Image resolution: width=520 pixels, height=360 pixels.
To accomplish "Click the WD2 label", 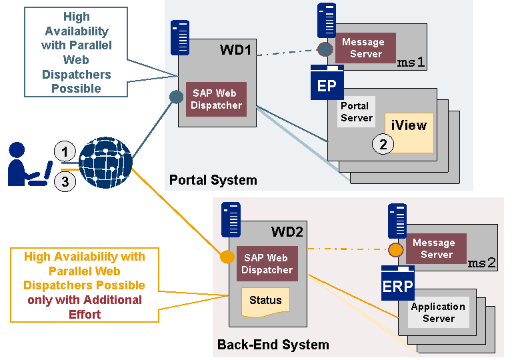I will [x=287, y=232].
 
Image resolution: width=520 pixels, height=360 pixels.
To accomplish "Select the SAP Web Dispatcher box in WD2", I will [x=267, y=264].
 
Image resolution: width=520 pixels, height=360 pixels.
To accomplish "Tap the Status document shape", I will [x=265, y=301].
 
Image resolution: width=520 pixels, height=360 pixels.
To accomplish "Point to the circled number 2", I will [x=383, y=144].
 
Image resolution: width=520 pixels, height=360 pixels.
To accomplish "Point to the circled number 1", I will [x=65, y=151].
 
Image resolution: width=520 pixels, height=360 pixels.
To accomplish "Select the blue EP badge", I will [x=327, y=85].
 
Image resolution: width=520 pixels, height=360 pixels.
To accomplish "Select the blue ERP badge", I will [x=397, y=284].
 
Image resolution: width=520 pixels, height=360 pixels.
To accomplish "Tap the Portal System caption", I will [x=213, y=180].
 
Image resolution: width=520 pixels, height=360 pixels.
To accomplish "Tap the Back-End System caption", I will [x=273, y=345].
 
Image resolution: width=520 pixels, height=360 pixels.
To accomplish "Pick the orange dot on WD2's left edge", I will [x=227, y=257].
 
